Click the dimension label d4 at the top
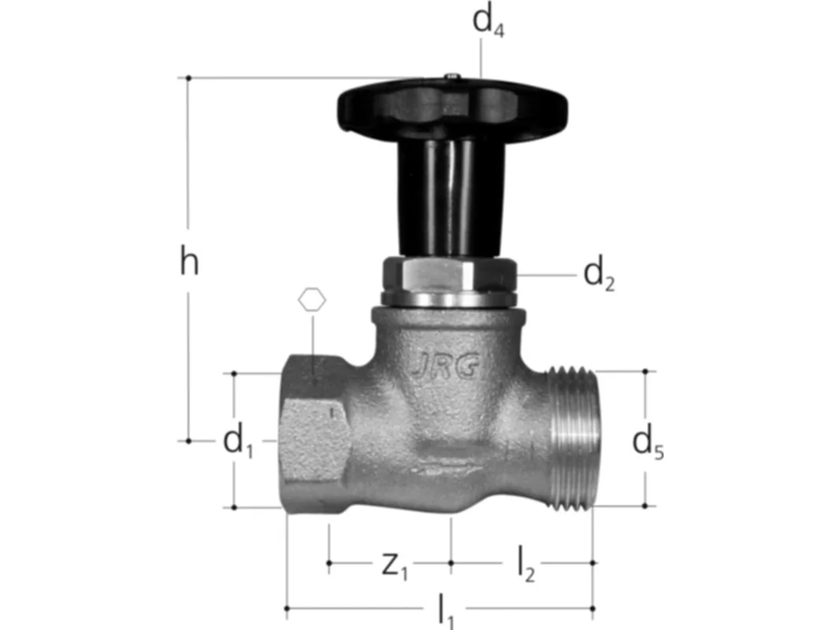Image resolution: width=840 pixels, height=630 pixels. tap(488, 22)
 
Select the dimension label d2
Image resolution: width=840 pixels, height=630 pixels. tap(599, 275)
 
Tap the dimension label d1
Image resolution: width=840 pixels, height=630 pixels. tap(238, 441)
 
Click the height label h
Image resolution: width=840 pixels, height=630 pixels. tap(189, 261)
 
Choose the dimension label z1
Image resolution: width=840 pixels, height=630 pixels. tap(395, 565)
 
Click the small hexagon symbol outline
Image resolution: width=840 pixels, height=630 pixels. tap(312, 300)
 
